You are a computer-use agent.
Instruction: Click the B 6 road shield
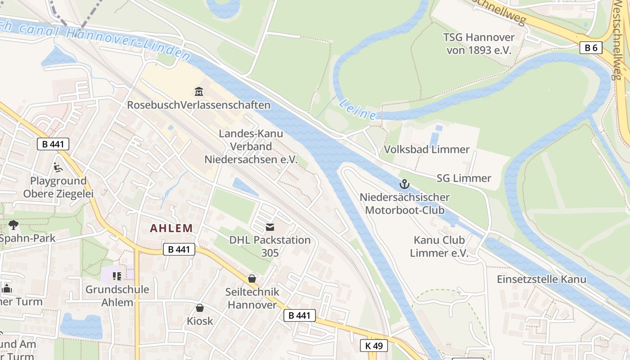[x=590, y=48]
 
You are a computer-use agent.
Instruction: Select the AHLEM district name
[x=171, y=228]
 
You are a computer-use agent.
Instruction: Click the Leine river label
[x=357, y=109]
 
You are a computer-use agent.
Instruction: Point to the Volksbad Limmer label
[x=427, y=149]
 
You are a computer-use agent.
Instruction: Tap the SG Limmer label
[x=463, y=178]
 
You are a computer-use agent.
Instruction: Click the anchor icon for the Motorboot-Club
[x=404, y=184]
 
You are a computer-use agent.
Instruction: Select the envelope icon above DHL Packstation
[x=270, y=227]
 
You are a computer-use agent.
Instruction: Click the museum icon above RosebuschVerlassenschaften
[x=198, y=92]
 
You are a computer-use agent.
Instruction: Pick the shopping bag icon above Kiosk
[x=200, y=308]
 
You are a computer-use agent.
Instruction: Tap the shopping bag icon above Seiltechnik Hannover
[x=252, y=279]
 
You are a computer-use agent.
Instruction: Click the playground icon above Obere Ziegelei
[x=58, y=167]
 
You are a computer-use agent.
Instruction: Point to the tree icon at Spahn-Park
[x=13, y=225]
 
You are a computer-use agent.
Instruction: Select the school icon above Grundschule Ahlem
[x=117, y=276]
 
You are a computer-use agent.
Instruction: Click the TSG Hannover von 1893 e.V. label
[x=479, y=44]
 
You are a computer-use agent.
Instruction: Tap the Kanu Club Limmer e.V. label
[x=439, y=247]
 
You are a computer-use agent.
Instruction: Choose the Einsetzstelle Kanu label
[x=541, y=279]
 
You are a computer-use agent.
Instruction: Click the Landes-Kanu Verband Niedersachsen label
[x=251, y=146]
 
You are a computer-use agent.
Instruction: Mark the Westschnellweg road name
[x=620, y=40]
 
